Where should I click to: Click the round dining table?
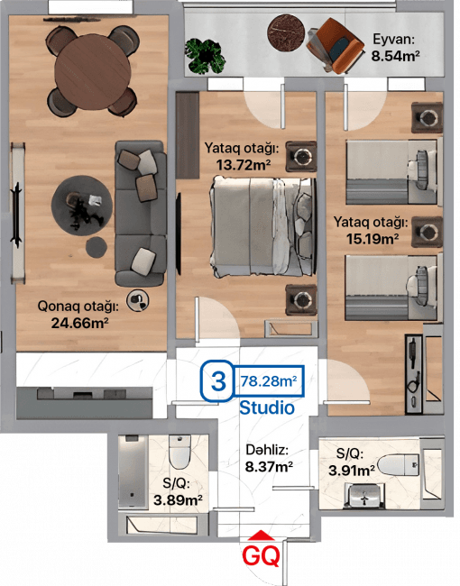(x=92, y=72)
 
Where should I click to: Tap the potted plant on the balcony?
(x=205, y=56)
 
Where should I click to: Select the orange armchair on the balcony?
(x=335, y=46)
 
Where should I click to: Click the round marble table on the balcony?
(x=286, y=32)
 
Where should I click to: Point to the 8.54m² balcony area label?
(x=395, y=56)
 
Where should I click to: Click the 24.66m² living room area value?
(x=79, y=323)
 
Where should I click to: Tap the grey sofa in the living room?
(x=140, y=214)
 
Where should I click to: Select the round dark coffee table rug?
(x=82, y=206)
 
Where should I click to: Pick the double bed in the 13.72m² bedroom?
(x=262, y=226)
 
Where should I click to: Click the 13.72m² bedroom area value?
(x=244, y=164)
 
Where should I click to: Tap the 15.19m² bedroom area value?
(x=373, y=238)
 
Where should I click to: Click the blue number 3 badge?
(x=217, y=380)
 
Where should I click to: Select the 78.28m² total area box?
(x=269, y=381)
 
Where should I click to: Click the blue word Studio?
(x=267, y=407)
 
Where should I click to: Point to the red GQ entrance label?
(x=261, y=556)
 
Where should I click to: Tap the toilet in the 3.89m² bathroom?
(x=179, y=452)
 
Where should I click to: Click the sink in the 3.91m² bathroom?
(x=363, y=496)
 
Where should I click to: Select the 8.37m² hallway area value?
(x=269, y=466)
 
